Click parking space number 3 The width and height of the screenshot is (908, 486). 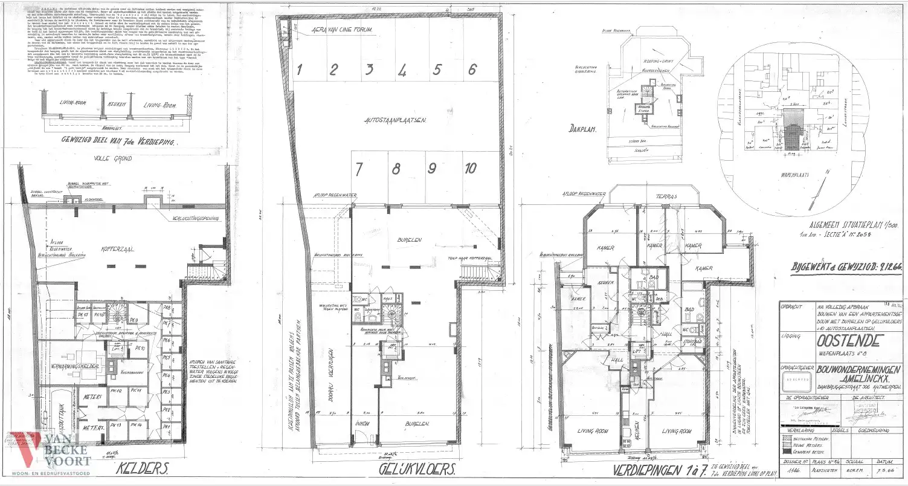(367, 70)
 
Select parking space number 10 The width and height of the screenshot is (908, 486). (471, 169)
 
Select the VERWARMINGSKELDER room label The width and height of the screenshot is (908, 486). (66, 367)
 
